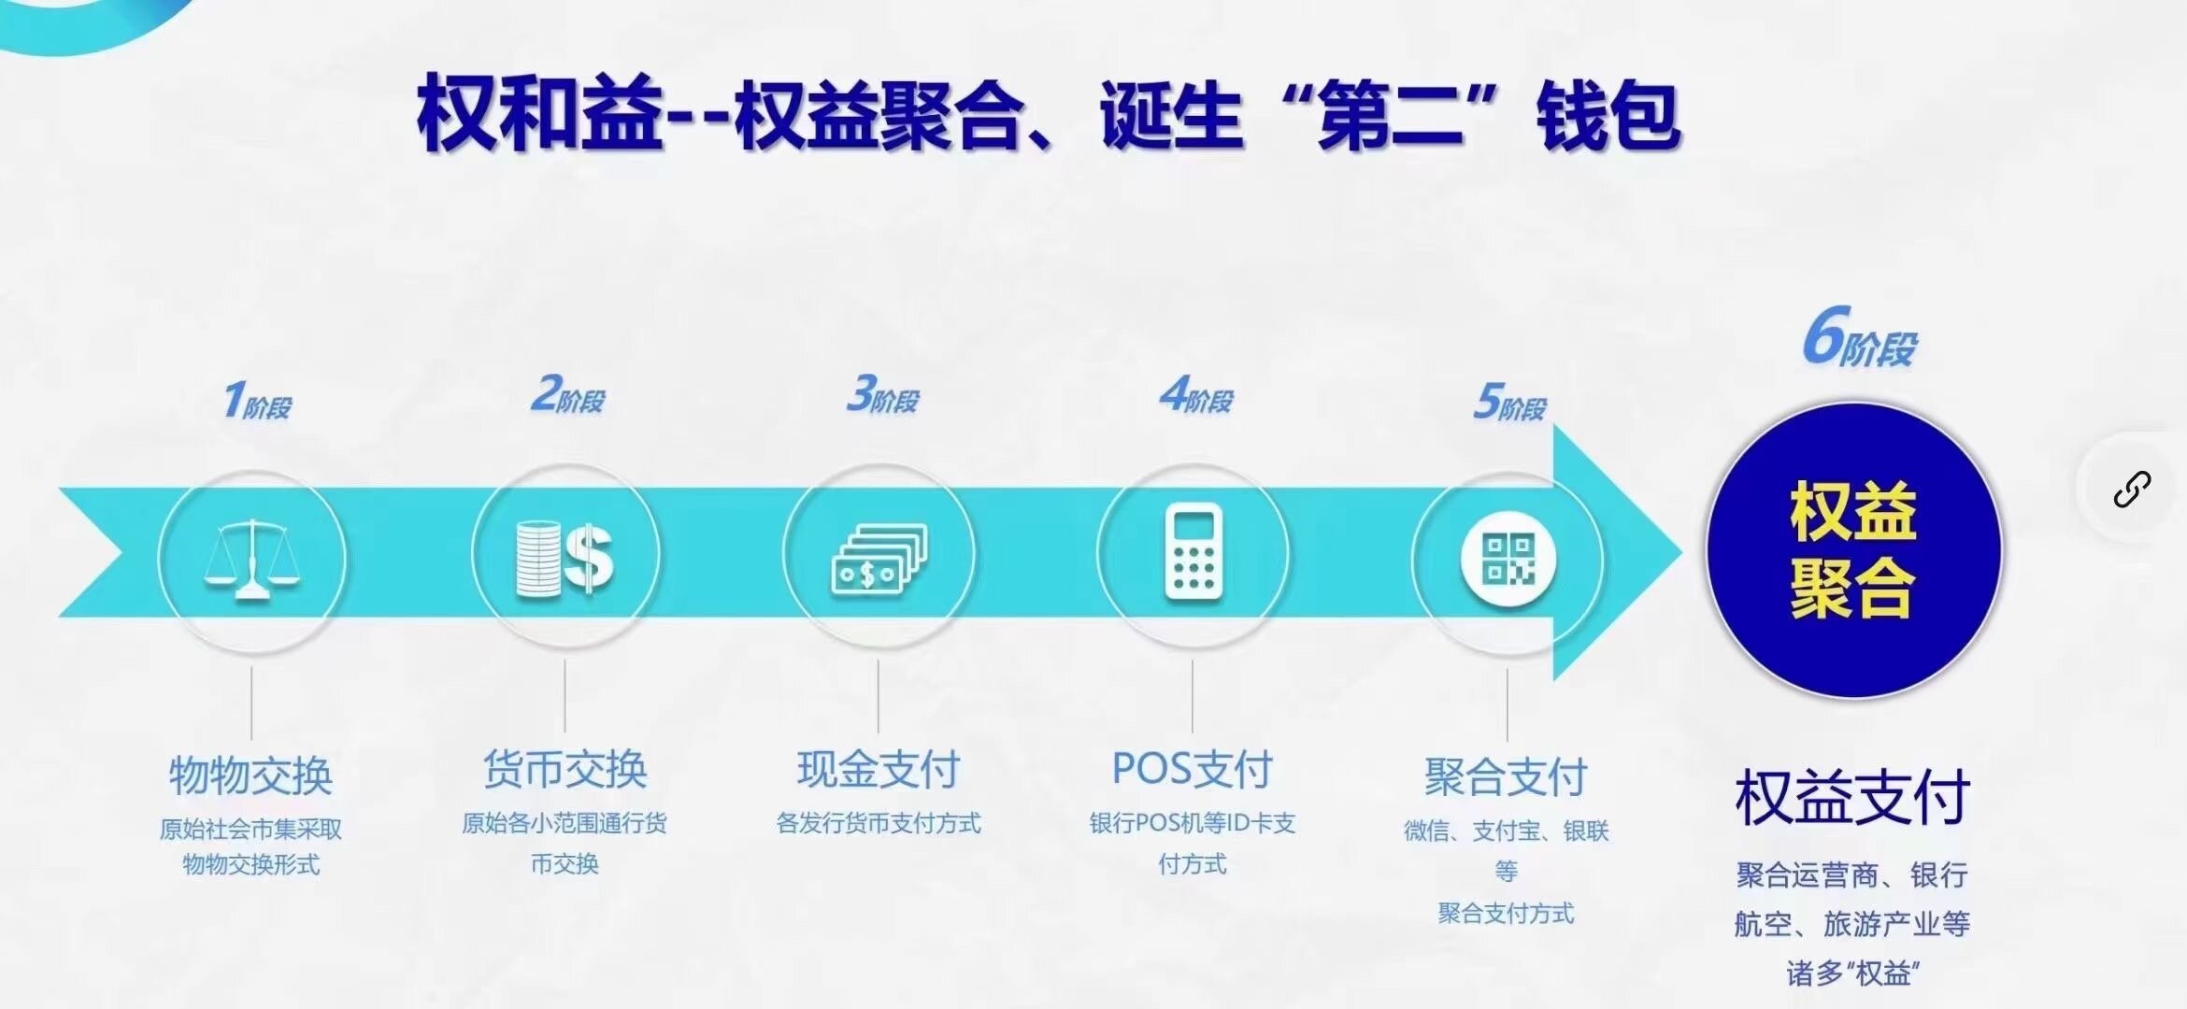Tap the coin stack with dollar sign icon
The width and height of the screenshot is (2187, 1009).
click(x=565, y=558)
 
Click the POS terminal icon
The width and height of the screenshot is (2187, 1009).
click(x=1194, y=551)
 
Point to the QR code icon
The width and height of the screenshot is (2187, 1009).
click(x=1508, y=559)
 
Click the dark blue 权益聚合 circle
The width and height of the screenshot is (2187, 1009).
click(x=1854, y=550)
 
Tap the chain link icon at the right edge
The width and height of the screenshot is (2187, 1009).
click(x=2132, y=489)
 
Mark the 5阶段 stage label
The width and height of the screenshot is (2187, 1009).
click(x=1509, y=402)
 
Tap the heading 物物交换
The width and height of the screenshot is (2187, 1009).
click(x=250, y=776)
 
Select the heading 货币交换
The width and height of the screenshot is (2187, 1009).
click(x=565, y=770)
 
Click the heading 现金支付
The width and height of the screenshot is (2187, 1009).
click(x=879, y=770)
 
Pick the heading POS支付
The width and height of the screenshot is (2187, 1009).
click(x=1193, y=770)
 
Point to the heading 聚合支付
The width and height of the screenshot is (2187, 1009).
click(x=1507, y=777)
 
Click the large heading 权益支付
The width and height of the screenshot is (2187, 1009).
click(x=1852, y=798)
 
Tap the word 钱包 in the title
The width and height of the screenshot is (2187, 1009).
click(x=1608, y=116)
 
